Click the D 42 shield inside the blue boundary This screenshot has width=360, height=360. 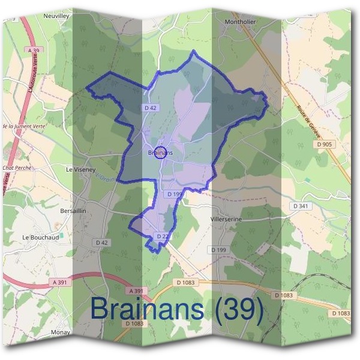(x=151, y=107)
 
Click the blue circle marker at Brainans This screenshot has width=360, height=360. (x=160, y=152)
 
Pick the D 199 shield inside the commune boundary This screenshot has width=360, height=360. (x=175, y=194)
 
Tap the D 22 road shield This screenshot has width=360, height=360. (x=163, y=236)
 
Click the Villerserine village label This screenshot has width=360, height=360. (x=226, y=220)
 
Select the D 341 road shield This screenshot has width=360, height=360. (x=301, y=206)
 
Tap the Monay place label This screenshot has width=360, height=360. (x=61, y=332)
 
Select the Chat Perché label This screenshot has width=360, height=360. (x=17, y=168)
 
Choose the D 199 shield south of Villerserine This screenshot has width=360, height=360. (x=218, y=249)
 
